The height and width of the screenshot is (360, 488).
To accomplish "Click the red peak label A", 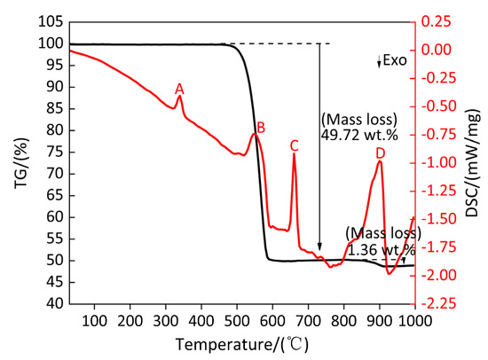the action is click(x=179, y=89).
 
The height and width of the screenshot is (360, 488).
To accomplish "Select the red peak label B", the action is click(x=261, y=128).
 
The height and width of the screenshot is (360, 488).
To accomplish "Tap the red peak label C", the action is click(x=294, y=145).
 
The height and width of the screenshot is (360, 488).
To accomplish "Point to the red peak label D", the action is click(x=381, y=153).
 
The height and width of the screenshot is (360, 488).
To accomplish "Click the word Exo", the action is click(x=395, y=60).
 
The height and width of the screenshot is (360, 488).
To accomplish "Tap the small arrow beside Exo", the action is click(x=379, y=61).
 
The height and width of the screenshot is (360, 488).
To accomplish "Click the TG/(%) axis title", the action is click(x=21, y=163).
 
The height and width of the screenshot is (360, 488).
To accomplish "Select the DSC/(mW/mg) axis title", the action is click(x=472, y=163).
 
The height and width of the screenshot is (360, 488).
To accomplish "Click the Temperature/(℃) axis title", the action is click(x=242, y=344).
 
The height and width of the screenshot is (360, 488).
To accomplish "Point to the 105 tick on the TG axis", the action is click(x=51, y=22).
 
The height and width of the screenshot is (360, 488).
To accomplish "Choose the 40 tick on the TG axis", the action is click(x=54, y=303).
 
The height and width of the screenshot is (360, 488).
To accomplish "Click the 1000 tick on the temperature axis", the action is click(x=415, y=320).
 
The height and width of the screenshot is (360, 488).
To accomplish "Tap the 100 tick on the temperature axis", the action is click(x=94, y=320).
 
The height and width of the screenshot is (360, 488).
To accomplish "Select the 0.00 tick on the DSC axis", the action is click(x=436, y=50).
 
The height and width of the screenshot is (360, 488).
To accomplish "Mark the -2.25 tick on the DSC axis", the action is click(x=438, y=302).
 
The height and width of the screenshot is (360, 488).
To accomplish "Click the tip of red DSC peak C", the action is click(x=294, y=153).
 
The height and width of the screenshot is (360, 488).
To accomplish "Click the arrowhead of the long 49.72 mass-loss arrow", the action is click(x=319, y=247).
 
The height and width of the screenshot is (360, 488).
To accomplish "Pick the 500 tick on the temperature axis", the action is click(x=237, y=320).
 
